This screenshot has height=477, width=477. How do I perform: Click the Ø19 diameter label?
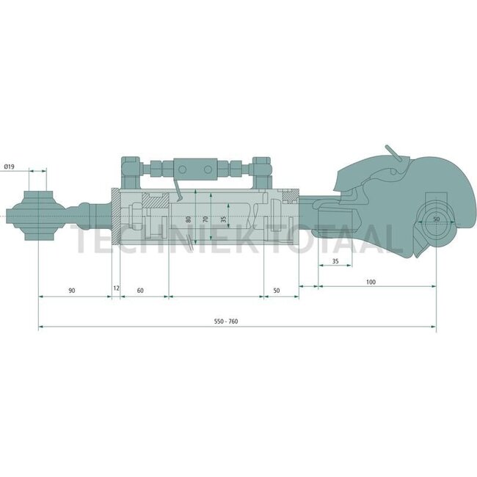tap(10, 168)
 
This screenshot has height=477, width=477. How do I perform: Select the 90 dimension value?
tap(71, 291)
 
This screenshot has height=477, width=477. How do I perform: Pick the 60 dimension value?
tap(139, 291)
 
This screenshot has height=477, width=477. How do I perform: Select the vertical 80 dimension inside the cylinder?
tap(188, 219)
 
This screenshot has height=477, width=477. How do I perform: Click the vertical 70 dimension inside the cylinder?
tap(206, 219)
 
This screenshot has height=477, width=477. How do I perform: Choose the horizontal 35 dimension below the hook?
tap(335, 261)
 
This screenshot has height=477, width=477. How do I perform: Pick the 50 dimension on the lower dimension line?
tap(277, 291)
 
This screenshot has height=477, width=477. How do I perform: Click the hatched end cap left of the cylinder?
tap(116, 218)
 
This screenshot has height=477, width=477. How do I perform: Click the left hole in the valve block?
tap(189, 170)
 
